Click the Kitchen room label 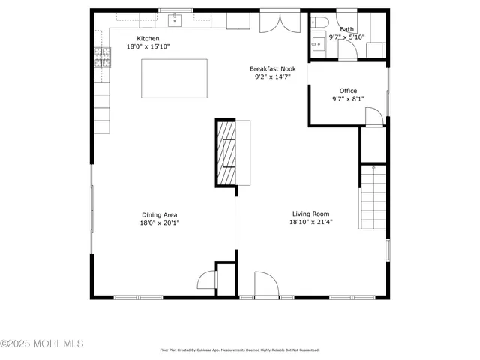click(x=147, y=39)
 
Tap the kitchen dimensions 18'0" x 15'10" click(x=147, y=47)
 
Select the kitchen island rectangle click(x=174, y=78)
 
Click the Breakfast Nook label click(x=273, y=68)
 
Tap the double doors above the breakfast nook click(x=273, y=22)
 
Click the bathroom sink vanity click(x=318, y=43)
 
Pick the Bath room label click(x=346, y=29)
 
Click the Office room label click(x=348, y=91)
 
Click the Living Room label click(x=310, y=214)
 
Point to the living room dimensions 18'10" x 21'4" click(x=310, y=222)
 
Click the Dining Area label click(x=159, y=214)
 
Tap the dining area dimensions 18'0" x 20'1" click(x=159, y=223)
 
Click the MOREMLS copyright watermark click(x=42, y=344)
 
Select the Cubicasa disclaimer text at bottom click(x=240, y=349)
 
